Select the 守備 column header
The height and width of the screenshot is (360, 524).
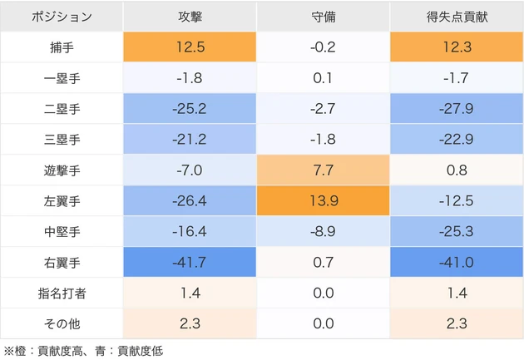tap(322, 17)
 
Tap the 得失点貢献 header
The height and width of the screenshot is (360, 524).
tap(456, 17)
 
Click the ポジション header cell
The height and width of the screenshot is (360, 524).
tap(62, 17)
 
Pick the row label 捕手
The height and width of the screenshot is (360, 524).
tap(62, 47)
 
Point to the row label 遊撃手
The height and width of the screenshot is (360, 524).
tap(62, 170)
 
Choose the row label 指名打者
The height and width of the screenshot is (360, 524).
tap(62, 292)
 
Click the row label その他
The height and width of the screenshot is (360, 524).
tap(62, 323)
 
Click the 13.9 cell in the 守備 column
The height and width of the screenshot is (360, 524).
tap(322, 200)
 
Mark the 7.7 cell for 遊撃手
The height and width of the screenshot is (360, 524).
tap(322, 170)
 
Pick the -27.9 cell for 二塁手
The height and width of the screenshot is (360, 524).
tap(456, 109)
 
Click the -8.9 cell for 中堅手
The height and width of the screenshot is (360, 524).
tap(322, 231)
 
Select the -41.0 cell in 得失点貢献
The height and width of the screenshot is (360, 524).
tap(456, 261)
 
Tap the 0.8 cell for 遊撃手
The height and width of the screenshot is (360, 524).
tap(456, 170)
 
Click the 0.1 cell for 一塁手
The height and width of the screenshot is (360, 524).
tap(322, 78)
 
